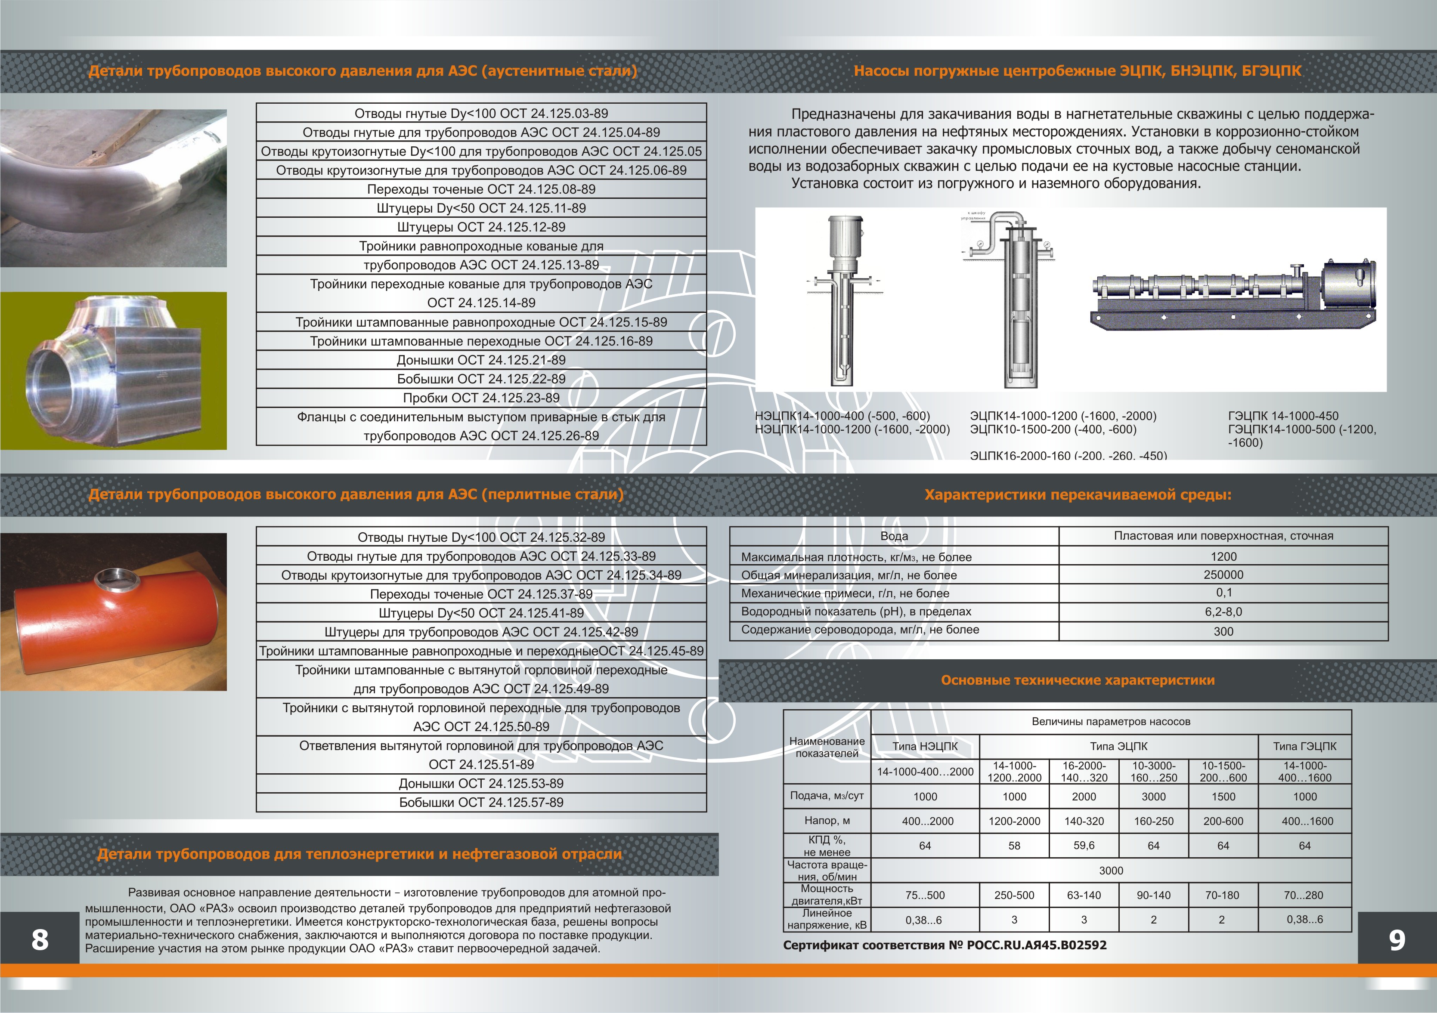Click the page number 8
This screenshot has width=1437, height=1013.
(x=40, y=939)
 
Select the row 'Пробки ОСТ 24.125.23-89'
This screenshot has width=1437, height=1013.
(x=481, y=398)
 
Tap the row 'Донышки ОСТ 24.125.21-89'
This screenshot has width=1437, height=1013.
(x=481, y=360)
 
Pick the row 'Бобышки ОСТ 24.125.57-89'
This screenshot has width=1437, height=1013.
(x=481, y=802)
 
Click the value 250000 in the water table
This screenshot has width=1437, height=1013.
(x=1223, y=574)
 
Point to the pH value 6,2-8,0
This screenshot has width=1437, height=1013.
(x=1223, y=612)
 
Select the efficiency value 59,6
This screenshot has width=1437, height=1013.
(x=1084, y=845)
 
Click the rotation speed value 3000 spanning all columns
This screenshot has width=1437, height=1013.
(x=1111, y=870)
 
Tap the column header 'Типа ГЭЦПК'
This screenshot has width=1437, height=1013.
(x=1305, y=746)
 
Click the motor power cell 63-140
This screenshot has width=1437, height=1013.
(x=1084, y=895)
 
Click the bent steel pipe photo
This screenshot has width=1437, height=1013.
(x=113, y=188)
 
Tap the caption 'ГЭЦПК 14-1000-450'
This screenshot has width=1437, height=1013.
(x=1283, y=416)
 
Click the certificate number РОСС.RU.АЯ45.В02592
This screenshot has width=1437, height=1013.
(x=1037, y=945)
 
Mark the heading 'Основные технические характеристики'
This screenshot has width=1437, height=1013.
(x=1078, y=680)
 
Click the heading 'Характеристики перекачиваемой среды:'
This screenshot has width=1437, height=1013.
(x=1078, y=495)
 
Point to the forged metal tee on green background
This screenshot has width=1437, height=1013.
(x=113, y=371)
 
